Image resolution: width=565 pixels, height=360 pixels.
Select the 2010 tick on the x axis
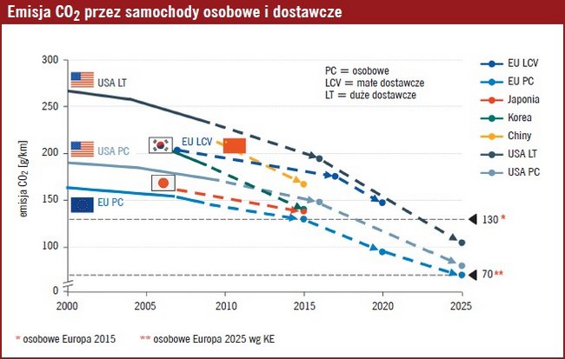[225, 306]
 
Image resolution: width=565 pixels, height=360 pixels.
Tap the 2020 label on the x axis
[382, 306]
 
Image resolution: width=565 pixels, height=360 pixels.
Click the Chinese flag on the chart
[235, 145]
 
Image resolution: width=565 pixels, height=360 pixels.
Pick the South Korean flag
[161, 144]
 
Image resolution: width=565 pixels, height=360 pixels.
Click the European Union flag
[82, 204]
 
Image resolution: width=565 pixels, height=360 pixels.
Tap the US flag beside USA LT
[82, 80]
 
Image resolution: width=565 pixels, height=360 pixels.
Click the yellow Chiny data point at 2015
[303, 183]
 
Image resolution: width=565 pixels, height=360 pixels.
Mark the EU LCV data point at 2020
[382, 202]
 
